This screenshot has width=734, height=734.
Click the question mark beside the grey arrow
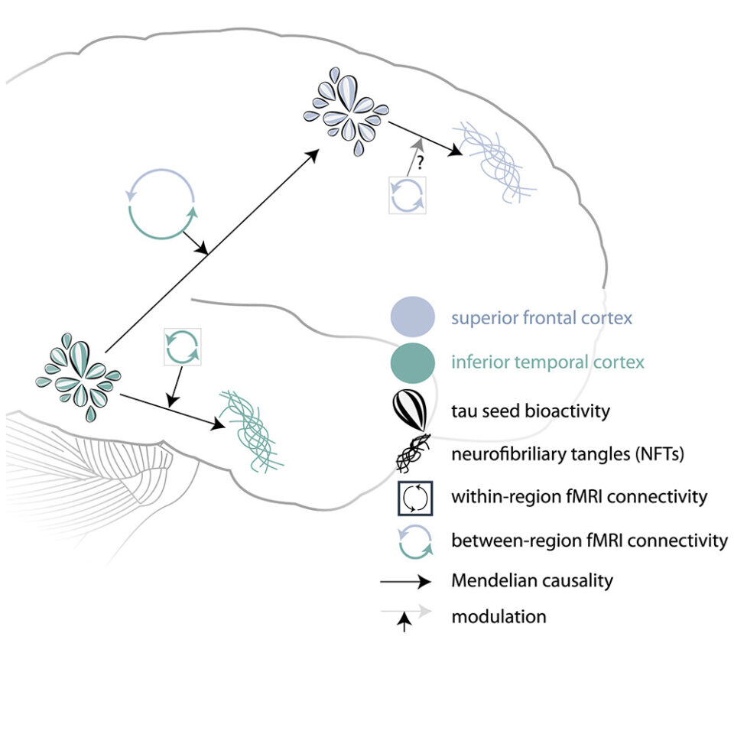[x=421, y=162]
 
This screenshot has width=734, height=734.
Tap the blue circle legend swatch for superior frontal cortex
[x=413, y=317]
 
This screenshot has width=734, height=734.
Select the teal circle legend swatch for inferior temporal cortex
[x=413, y=362]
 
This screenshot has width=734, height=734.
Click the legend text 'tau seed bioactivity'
[x=531, y=411]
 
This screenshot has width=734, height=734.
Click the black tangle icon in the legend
[x=413, y=453]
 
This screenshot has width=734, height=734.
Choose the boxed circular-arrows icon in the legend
[x=414, y=498]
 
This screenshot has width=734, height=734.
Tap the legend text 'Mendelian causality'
[x=532, y=580]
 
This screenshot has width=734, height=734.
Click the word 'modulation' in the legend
[x=499, y=616]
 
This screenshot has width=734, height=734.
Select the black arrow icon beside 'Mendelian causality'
[x=405, y=582]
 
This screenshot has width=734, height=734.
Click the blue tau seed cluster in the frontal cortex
[x=346, y=111]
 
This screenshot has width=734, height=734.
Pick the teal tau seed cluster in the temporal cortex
[x=79, y=377]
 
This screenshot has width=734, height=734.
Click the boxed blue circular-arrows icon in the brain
[x=408, y=195]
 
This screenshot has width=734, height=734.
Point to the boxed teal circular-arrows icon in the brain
[x=183, y=347]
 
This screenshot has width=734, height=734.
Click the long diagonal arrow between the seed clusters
[x=212, y=251]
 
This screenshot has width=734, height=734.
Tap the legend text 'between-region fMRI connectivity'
[x=589, y=541]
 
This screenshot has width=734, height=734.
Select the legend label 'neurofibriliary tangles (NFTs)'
[x=568, y=454]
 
